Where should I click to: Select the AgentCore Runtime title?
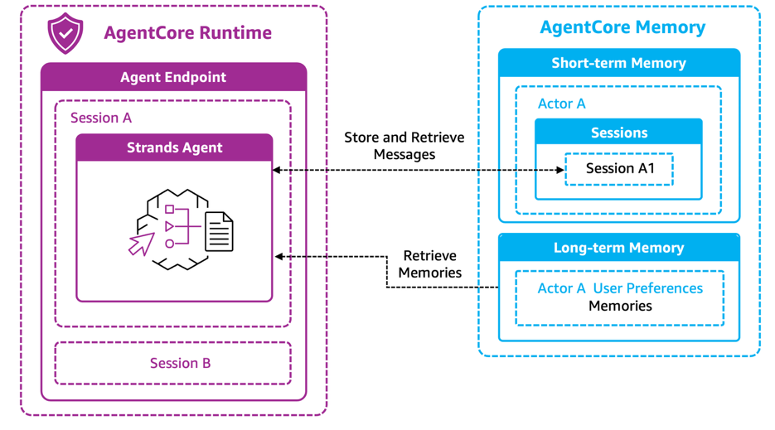pyautogui.click(x=187, y=33)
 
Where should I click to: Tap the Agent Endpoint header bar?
pyautogui.click(x=173, y=77)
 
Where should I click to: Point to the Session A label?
pyautogui.click(x=101, y=118)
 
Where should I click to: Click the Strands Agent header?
pyautogui.click(x=174, y=147)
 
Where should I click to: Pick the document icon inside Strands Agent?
pyautogui.click(x=219, y=231)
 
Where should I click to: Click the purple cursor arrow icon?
pyautogui.click(x=141, y=244)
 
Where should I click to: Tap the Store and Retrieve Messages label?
pyautogui.click(x=404, y=146)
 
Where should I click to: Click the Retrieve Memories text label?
pyautogui.click(x=429, y=264)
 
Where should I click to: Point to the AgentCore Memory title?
pyautogui.click(x=622, y=27)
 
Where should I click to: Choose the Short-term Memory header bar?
pyautogui.click(x=618, y=63)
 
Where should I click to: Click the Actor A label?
pyautogui.click(x=562, y=104)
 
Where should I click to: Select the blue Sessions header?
pyautogui.click(x=618, y=133)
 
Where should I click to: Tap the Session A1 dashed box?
pyautogui.click(x=619, y=169)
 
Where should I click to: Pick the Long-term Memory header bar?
pyautogui.click(x=618, y=248)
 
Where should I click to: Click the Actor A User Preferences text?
pyautogui.click(x=620, y=288)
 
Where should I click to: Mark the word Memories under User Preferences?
pyautogui.click(x=620, y=306)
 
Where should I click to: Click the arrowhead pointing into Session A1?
pyautogui.click(x=560, y=170)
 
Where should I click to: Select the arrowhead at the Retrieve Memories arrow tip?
pyautogui.click(x=279, y=257)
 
